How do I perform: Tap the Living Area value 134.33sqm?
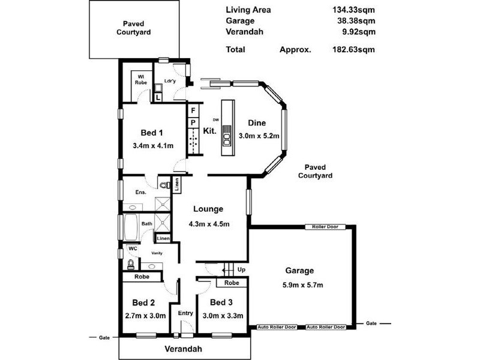[353, 10]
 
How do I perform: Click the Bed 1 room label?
[152, 133]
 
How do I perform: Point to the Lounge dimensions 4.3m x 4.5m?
[208, 224]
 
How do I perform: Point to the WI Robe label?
[142, 79]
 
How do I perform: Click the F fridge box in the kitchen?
[193, 111]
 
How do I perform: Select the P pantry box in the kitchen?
[193, 123]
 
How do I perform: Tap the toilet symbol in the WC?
[130, 263]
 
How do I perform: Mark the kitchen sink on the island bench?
[227, 140]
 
